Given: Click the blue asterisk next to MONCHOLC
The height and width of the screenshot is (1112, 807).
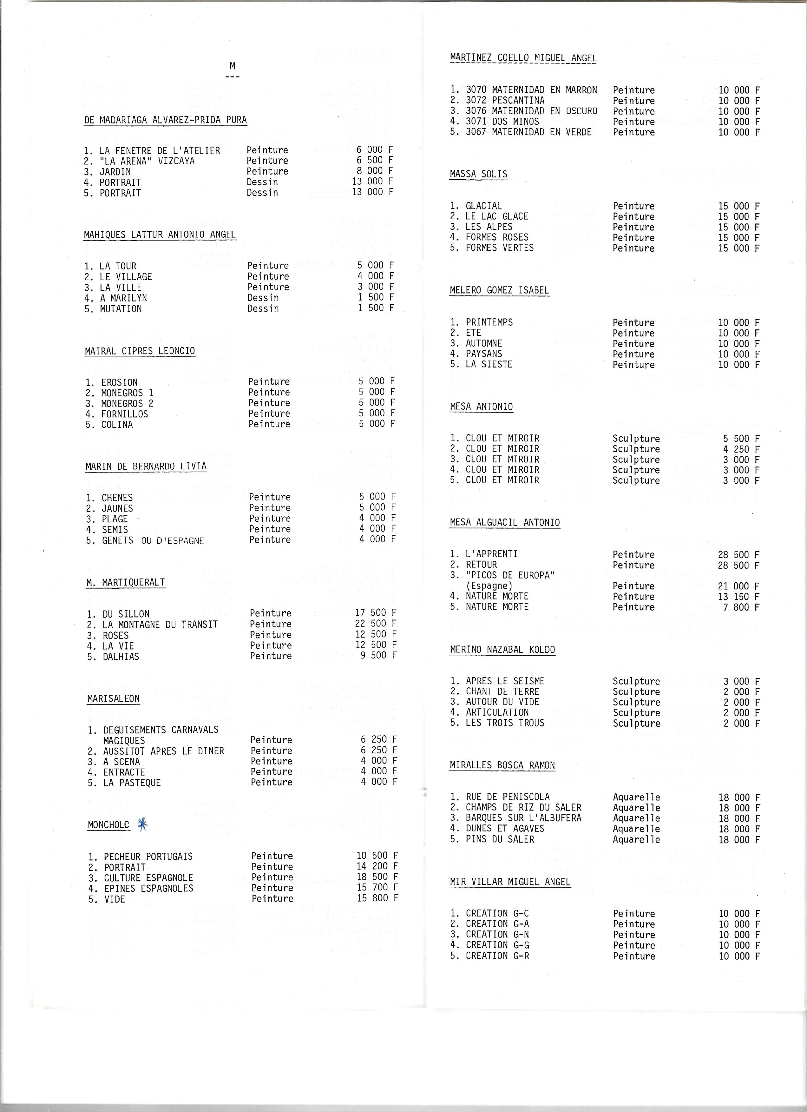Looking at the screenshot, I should [x=142, y=824].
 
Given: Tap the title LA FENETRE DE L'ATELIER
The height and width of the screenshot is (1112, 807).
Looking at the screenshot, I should [x=160, y=150].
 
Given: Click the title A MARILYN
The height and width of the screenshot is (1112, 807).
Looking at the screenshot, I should [x=123, y=298].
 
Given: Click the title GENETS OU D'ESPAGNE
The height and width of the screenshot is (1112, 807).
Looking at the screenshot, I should [x=153, y=540].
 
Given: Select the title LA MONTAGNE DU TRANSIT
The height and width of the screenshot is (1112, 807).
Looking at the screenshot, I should [x=160, y=625].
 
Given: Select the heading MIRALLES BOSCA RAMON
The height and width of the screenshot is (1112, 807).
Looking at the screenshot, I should [x=502, y=765].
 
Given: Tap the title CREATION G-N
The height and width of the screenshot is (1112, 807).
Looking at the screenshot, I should [x=497, y=935].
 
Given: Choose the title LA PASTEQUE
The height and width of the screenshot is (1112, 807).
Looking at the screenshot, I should [x=132, y=783].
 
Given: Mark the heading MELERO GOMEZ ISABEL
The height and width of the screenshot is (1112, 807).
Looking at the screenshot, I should [x=499, y=290].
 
